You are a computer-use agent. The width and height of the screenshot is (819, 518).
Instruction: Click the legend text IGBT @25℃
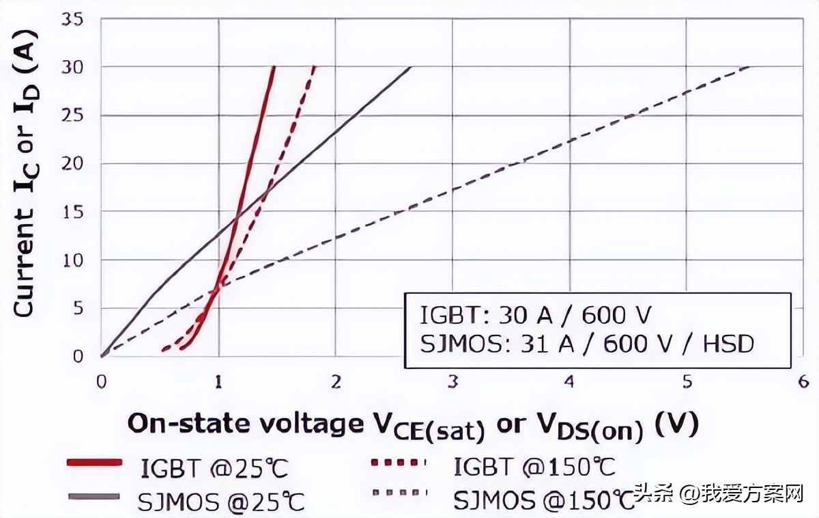[214, 469]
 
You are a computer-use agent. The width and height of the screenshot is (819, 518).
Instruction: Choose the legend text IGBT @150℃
[534, 467]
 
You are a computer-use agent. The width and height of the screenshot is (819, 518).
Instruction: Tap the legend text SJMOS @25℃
[220, 502]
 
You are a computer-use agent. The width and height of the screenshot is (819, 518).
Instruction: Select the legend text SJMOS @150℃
[544, 501]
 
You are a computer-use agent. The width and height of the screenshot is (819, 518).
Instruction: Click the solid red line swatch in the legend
[95, 463]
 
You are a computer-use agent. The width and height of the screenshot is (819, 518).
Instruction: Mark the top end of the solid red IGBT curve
[274, 67]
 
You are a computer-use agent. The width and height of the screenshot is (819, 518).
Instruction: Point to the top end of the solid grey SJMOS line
[410, 67]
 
